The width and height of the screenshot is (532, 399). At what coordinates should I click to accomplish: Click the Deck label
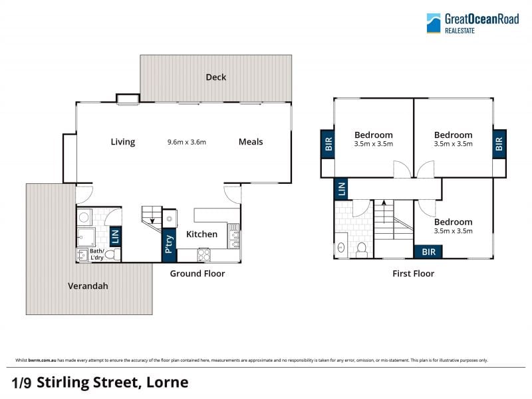pos(215,77)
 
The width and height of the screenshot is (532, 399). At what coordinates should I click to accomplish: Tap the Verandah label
pos(88,286)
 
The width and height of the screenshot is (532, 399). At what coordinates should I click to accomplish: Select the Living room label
pos(123,142)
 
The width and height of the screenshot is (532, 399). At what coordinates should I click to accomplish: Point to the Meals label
pos(251,142)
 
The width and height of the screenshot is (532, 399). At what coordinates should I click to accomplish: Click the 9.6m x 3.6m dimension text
pos(187,142)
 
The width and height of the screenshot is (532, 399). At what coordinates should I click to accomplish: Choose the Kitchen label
pos(202,234)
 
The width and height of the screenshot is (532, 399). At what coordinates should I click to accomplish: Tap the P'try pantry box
pos(169,245)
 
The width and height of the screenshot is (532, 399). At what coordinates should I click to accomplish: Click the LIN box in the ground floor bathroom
pos(115,236)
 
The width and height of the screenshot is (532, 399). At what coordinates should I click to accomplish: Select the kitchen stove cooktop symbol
pos(204,255)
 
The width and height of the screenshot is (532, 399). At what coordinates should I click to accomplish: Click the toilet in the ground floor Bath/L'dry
pos(112,254)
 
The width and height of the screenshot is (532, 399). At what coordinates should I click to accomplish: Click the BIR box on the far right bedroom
pos(499,144)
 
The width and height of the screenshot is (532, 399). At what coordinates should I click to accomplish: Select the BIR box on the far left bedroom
pos(328,144)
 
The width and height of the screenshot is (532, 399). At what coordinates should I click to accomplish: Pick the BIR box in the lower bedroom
pos(428,252)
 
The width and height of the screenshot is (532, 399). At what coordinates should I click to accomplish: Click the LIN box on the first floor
pos(341,189)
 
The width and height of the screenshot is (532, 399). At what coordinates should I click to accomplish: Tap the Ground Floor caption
pos(198,274)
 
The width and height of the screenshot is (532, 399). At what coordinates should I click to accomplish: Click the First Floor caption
pos(413,274)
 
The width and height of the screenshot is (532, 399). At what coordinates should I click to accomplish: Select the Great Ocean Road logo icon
pos(434,23)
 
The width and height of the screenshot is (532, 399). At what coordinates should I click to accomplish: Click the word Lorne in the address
pos(168,382)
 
